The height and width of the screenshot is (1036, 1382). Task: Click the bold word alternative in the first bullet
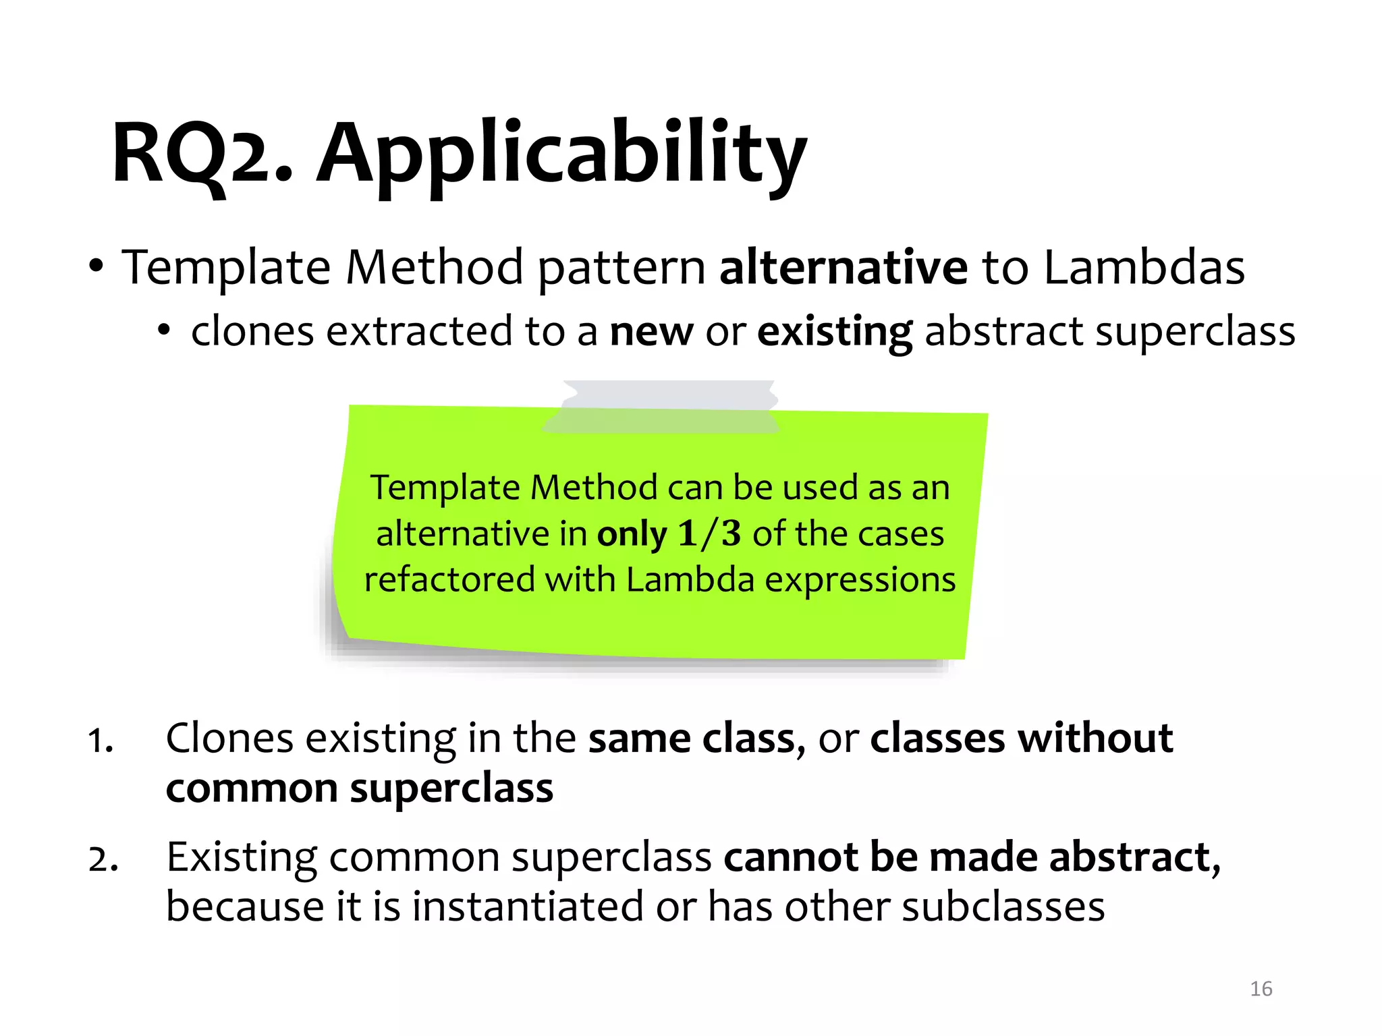point(844,267)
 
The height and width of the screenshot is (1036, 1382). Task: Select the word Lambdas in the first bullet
point(1144,267)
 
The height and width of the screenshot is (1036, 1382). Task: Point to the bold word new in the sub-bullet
point(651,332)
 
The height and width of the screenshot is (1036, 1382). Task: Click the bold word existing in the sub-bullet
point(835,332)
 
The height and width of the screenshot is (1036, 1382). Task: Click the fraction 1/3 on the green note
point(709,534)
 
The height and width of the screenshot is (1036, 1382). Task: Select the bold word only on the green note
point(632,534)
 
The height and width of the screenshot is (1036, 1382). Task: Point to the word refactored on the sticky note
point(449,579)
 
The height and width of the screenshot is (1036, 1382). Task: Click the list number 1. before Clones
point(101,741)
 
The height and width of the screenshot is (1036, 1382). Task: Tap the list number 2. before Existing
point(103,859)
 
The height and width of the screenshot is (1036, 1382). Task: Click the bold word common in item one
point(252,788)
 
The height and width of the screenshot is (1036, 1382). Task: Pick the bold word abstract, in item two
point(1134,857)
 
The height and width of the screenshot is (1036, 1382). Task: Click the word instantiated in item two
point(527,906)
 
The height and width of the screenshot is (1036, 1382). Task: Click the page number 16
point(1261,989)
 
